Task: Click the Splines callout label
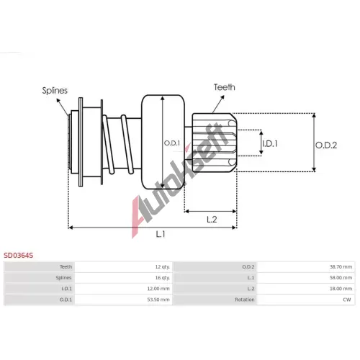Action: point(55,91)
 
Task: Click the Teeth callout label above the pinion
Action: point(225,87)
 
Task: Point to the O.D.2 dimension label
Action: point(326,145)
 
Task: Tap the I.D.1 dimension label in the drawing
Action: point(270,143)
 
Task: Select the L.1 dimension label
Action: point(161,234)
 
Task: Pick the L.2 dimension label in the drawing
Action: point(212,219)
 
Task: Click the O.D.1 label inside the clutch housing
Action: point(172,143)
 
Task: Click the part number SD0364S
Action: point(18,255)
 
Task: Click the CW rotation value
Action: point(347,300)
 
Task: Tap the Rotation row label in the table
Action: point(245,300)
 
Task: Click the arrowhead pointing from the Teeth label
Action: point(222,97)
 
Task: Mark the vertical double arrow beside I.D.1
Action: point(261,143)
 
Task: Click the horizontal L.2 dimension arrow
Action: point(210,211)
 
